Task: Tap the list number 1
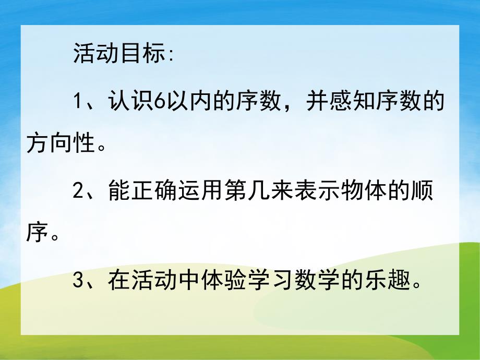tap(78, 101)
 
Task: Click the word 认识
tap(131, 101)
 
